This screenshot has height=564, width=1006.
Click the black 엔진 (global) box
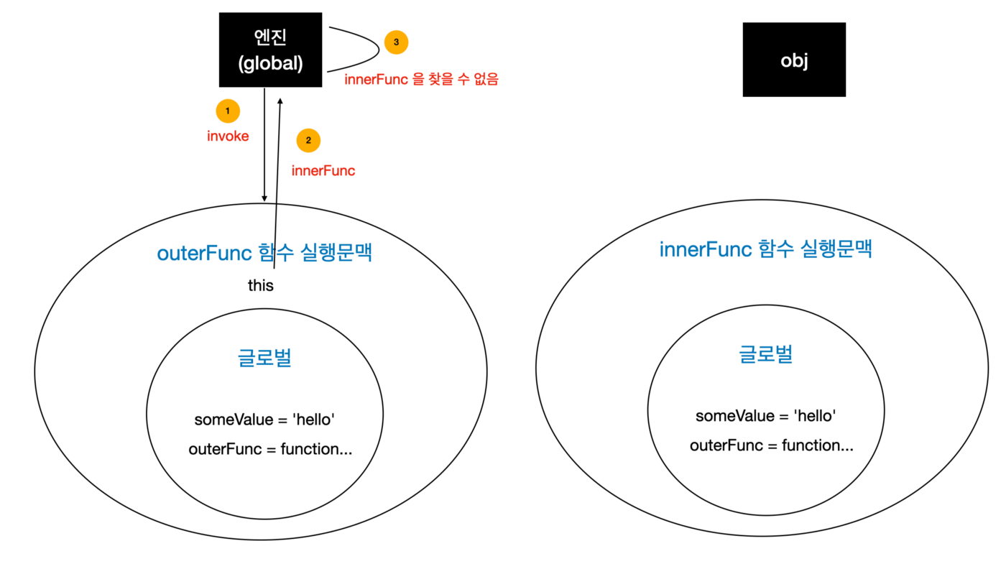[x=270, y=51]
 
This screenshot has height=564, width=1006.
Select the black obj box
[x=794, y=60]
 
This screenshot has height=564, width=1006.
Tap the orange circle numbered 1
[x=228, y=111]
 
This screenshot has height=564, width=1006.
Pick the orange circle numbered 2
[x=308, y=140]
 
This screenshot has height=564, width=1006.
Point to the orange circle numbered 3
[x=396, y=42]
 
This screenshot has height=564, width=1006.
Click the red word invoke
[x=228, y=136]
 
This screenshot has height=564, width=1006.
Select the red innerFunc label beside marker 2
[x=323, y=171]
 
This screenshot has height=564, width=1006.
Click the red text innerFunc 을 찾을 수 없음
[x=421, y=79]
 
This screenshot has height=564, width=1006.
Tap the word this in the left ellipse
[x=261, y=285]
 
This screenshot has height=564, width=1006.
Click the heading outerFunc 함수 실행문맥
[x=264, y=253]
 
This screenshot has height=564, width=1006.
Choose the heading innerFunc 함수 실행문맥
[x=766, y=249]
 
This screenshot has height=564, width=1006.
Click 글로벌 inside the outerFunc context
[x=264, y=358]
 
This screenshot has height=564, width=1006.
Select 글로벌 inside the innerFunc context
[x=766, y=354]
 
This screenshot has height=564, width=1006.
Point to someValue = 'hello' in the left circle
[x=264, y=420]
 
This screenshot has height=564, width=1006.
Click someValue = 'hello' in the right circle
[x=766, y=416]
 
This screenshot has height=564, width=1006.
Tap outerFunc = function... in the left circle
[x=270, y=449]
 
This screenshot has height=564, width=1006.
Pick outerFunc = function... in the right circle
[x=772, y=445]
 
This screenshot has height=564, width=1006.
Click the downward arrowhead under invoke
[x=264, y=198]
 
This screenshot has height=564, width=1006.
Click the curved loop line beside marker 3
[x=378, y=49]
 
